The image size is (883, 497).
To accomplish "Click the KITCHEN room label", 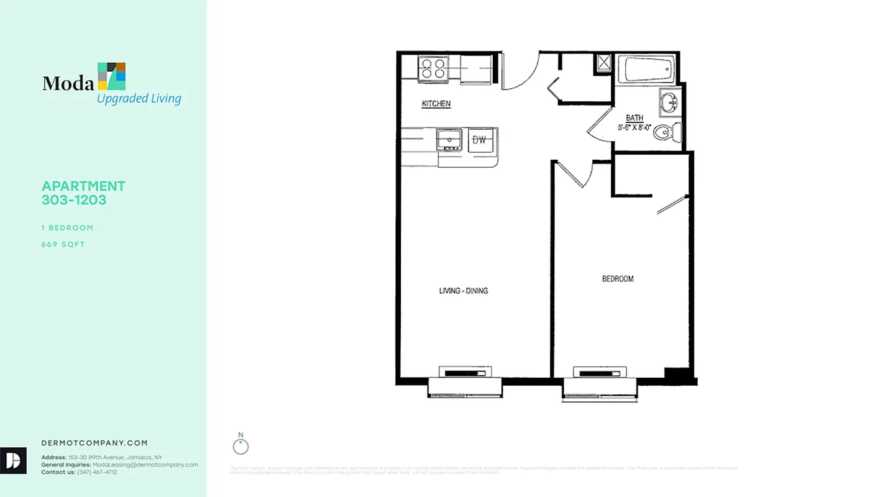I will [x=436, y=104].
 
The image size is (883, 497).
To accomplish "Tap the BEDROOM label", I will [x=618, y=279].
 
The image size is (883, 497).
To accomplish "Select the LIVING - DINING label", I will [x=464, y=290].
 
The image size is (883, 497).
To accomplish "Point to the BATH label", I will [x=634, y=117].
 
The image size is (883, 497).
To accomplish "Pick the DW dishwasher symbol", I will [x=479, y=139].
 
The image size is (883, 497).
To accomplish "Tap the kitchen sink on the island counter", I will [x=448, y=140].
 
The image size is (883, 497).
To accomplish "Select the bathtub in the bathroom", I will [x=649, y=69].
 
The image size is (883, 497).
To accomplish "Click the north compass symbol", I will [x=240, y=446].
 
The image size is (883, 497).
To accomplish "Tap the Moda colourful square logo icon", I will [x=112, y=76].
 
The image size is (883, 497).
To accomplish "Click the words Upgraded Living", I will [x=139, y=98].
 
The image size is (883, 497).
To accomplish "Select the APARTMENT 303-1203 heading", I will [x=83, y=193].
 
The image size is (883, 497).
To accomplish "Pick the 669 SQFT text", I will [x=63, y=244].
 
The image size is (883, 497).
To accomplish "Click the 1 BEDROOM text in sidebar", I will [x=67, y=227].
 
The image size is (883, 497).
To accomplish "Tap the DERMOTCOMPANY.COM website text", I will [x=94, y=443].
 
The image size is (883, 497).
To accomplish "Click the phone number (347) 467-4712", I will [x=97, y=472].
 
